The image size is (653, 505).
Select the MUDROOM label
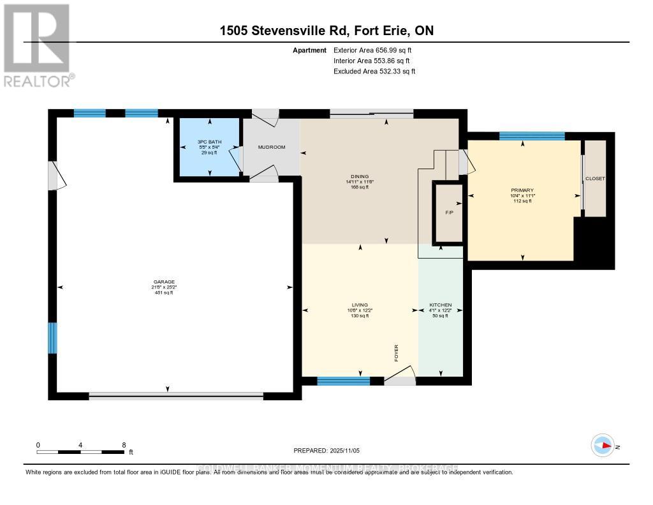click(271, 147)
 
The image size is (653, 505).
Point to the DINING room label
click(361, 177)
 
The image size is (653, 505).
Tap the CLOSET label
click(595, 179)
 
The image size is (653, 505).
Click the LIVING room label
click(360, 305)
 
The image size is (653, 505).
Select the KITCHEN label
click(440, 305)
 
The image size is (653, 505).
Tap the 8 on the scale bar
click(124, 445)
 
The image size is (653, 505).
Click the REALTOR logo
click(37, 45)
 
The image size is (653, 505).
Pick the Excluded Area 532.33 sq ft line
click(374, 72)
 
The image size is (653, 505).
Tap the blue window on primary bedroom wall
click(531, 135)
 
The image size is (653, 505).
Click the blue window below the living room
click(343, 381)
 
